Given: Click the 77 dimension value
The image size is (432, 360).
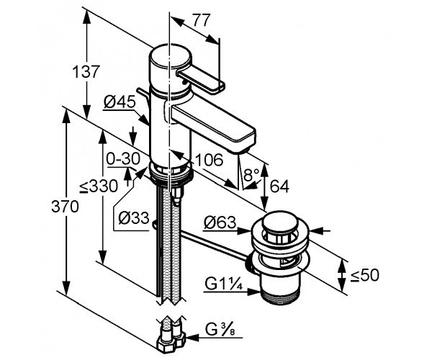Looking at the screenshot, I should pos(203,21).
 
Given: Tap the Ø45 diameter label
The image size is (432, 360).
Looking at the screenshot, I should pos(120,103).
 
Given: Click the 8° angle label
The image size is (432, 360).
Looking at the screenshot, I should pos(250,175).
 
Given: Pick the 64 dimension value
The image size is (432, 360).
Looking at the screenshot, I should pos(279,186).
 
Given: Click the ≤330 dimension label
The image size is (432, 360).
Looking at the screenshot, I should pos(96,186).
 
